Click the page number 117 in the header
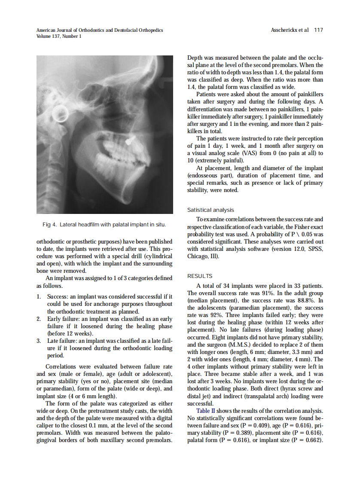(318, 30)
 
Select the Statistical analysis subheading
(211, 210)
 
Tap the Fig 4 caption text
(104, 225)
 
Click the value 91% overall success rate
(271, 293)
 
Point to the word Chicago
(198, 256)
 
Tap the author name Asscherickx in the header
(286, 30)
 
